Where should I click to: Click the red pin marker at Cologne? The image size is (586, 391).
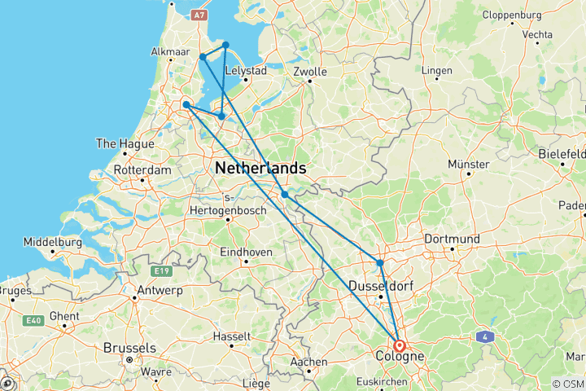coord(400,345)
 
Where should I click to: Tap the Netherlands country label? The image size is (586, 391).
coord(260,168)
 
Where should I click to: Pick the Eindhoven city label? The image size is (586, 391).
coord(245,253)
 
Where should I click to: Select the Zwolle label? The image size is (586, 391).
coord(310,72)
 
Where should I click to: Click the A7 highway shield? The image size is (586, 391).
coord(200,15)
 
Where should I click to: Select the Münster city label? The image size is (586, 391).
coord(468,165)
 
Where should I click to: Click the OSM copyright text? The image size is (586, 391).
coord(567,384)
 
